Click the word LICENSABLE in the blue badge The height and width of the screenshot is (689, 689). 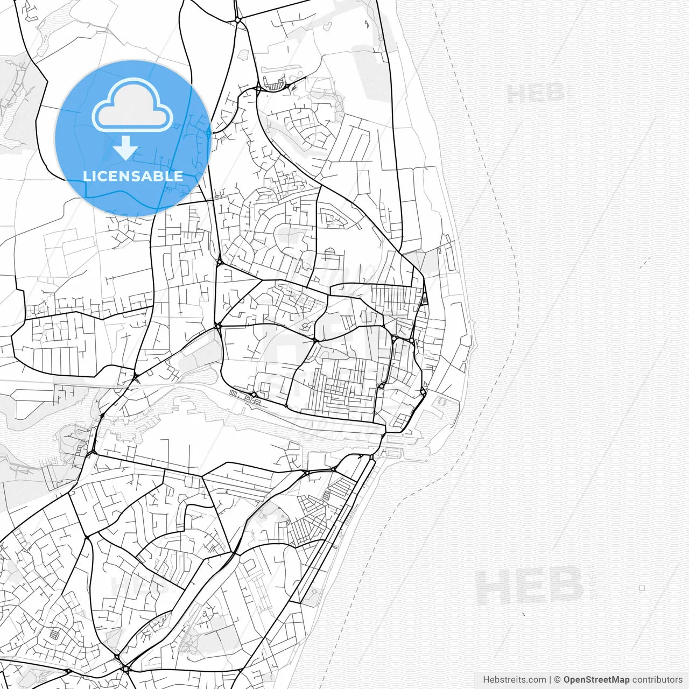(132, 176)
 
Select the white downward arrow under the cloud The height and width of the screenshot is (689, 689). (125, 148)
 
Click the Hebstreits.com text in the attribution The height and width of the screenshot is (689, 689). (514, 680)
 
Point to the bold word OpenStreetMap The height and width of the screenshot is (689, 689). (596, 680)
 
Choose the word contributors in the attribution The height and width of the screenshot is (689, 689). (657, 680)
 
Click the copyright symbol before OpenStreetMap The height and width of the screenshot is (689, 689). (558, 680)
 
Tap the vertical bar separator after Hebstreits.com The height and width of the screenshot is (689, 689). (550, 680)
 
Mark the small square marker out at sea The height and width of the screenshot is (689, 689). (642, 588)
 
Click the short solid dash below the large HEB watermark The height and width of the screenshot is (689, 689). (524, 614)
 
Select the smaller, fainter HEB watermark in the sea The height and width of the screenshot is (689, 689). (536, 94)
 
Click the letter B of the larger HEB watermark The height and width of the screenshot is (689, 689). (567, 586)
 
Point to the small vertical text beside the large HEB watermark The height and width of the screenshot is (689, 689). (593, 586)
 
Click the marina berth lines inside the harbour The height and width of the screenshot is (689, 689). (442, 400)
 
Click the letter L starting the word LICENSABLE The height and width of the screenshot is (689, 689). (86, 176)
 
